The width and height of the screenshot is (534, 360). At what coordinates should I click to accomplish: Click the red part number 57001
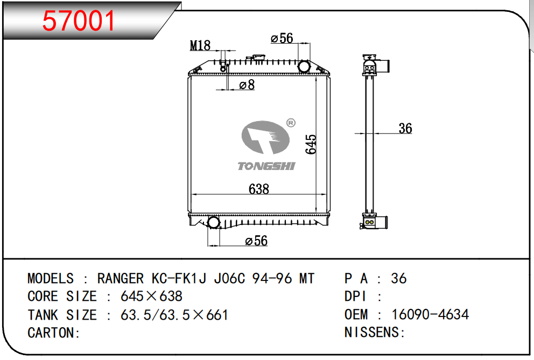tap(79, 21)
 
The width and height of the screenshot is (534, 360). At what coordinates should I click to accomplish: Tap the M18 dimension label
tap(200, 46)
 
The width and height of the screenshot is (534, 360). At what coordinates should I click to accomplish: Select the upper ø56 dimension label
tap(282, 38)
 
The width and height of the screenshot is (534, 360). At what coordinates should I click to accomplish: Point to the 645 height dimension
tap(311, 144)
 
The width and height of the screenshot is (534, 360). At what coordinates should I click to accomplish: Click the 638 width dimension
tap(259, 189)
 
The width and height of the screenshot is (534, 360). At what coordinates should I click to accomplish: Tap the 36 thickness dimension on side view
tap(405, 128)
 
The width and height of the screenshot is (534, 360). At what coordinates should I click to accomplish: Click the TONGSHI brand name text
tap(266, 166)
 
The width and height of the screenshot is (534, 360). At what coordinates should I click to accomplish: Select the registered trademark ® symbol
tap(291, 123)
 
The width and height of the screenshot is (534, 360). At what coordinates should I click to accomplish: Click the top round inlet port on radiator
tap(304, 67)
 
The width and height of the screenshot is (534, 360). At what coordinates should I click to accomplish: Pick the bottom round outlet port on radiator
tap(213, 222)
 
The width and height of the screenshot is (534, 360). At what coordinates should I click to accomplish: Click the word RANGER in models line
tap(121, 278)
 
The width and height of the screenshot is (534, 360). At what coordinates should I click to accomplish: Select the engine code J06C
tap(230, 278)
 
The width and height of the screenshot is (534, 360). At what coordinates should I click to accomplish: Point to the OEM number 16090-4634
tap(430, 314)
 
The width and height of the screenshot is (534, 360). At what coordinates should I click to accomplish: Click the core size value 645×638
tap(151, 297)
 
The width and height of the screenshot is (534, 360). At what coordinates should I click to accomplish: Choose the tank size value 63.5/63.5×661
tap(174, 315)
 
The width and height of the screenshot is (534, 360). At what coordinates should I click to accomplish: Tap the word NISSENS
tap(372, 332)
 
